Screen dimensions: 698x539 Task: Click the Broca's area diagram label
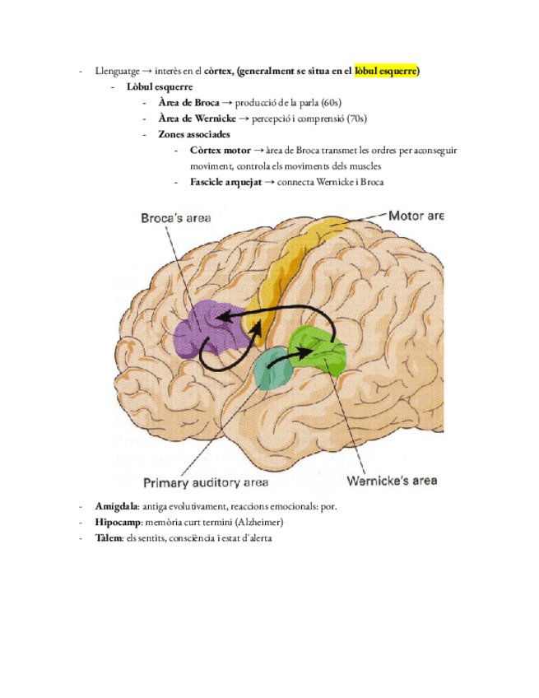(x=175, y=217)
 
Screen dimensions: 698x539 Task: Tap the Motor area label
(x=416, y=216)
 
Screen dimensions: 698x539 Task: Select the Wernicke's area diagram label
(x=392, y=480)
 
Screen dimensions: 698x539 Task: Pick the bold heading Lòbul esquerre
(x=158, y=86)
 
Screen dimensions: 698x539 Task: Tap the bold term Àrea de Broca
(x=189, y=102)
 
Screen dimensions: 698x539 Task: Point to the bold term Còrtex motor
(x=220, y=151)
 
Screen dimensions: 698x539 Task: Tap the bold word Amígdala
(x=115, y=507)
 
